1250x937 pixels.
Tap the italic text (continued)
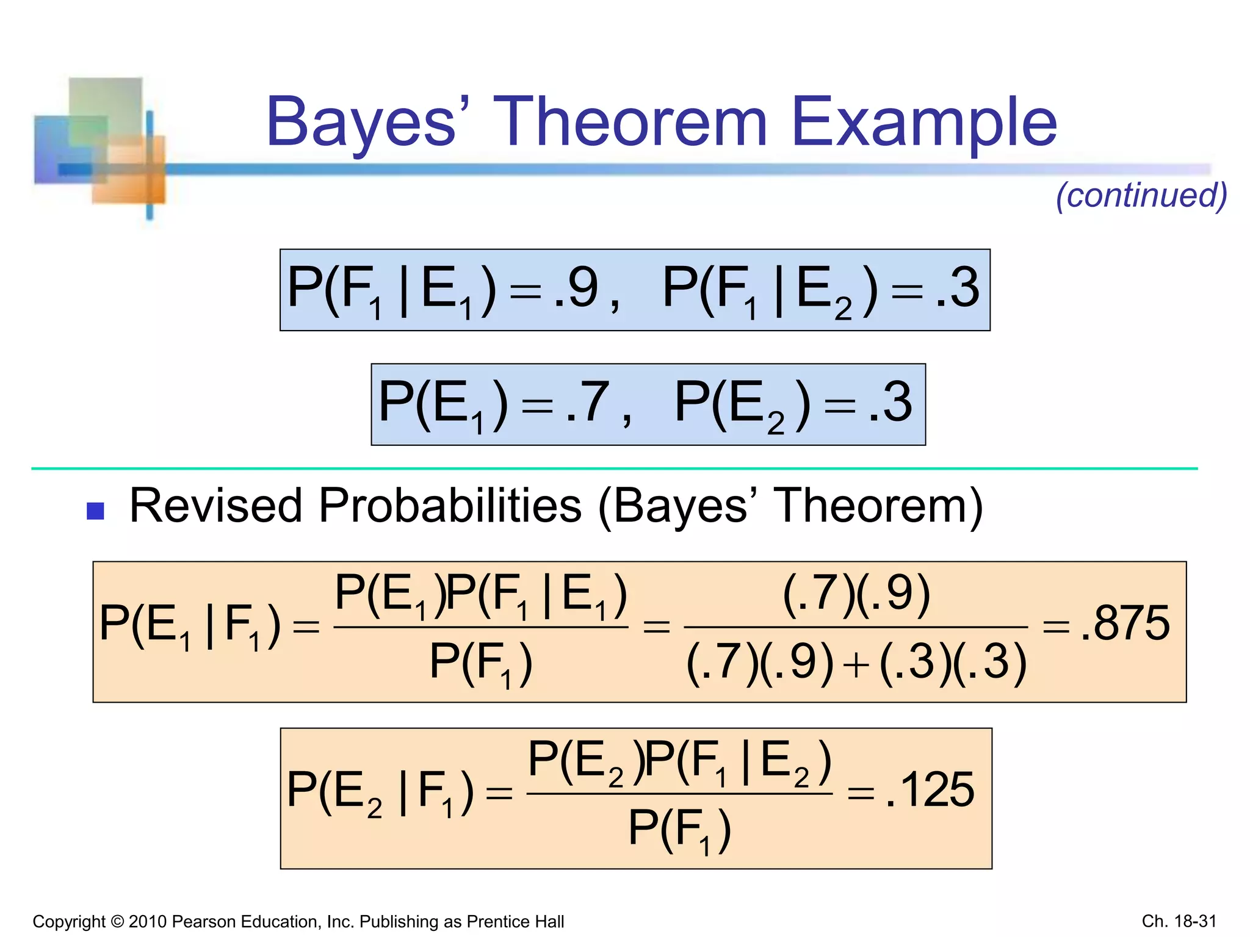pyautogui.click(x=1141, y=195)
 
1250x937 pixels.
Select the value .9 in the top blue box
pyautogui.click(x=576, y=288)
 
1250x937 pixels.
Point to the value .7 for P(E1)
pyautogui.click(x=587, y=402)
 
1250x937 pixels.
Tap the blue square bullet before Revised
pyautogui.click(x=95, y=511)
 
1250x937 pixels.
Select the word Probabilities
pyautogui.click(x=450, y=506)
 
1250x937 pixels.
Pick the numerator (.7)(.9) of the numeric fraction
pyautogui.click(x=856, y=593)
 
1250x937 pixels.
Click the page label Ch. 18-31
pyautogui.click(x=1179, y=921)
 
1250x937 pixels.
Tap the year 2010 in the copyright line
pyautogui.click(x=147, y=921)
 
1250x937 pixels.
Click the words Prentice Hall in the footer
pyautogui.click(x=518, y=921)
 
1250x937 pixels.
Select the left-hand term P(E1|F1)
pyautogui.click(x=189, y=625)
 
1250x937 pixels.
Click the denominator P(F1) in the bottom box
pyautogui.click(x=679, y=830)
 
